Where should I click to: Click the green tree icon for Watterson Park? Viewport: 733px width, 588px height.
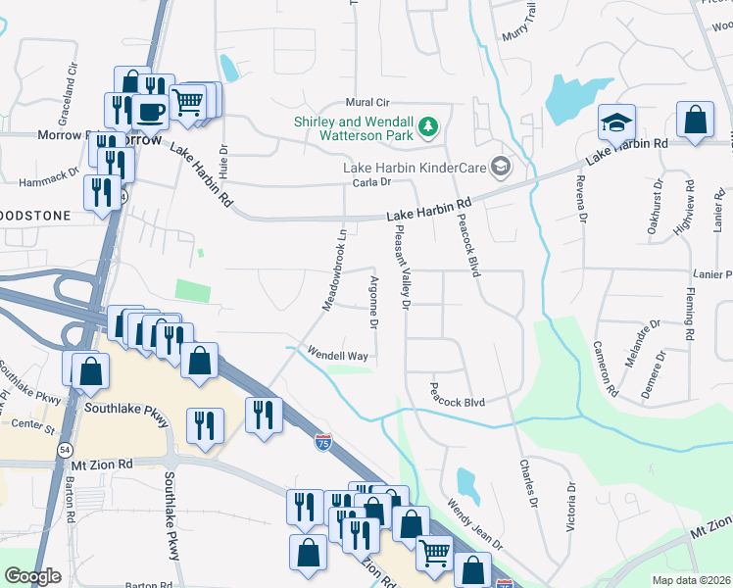tap(428, 126)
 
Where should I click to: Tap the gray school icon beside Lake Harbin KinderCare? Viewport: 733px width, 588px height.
tap(502, 165)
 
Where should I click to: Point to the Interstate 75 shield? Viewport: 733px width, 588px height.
tap(323, 442)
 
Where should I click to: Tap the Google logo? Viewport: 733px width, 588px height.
tap(32, 576)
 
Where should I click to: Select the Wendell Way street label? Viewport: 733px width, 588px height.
tap(337, 354)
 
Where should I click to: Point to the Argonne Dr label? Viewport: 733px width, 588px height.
tap(373, 302)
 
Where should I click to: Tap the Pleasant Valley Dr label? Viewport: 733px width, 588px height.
tap(402, 265)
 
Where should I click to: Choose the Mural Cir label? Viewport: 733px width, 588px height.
tap(367, 103)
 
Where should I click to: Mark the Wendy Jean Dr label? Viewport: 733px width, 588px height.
tap(474, 525)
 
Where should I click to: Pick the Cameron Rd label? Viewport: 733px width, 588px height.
tap(605, 368)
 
